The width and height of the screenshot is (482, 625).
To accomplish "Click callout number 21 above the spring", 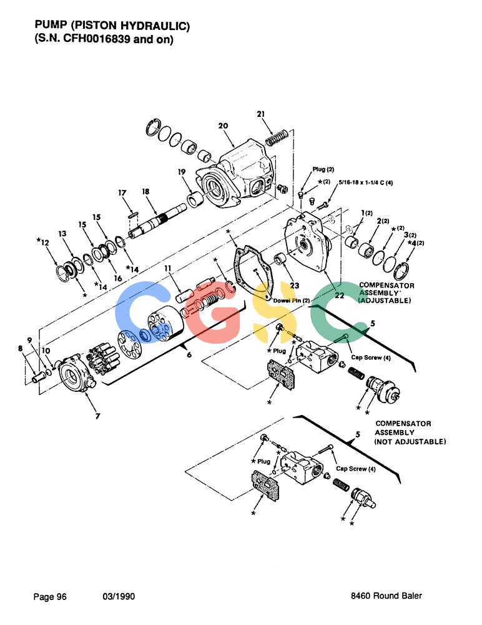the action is point(260,114).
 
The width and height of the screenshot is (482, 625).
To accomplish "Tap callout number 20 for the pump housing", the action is point(223,126).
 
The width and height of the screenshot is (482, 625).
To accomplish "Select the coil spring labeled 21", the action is point(276,137).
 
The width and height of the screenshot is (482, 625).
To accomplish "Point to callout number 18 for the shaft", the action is point(146,192).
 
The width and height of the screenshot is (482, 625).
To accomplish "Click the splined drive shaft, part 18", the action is point(157,221).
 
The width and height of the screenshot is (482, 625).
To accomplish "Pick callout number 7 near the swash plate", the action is point(97,416).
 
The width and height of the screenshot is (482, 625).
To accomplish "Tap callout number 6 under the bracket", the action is point(189,354).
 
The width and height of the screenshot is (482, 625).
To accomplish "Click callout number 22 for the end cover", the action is point(340,296).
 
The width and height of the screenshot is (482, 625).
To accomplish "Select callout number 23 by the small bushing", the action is point(295,286).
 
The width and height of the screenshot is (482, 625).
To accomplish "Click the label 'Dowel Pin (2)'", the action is point(292,300).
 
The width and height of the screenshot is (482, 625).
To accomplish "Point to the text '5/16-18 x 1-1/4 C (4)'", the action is point(366,182).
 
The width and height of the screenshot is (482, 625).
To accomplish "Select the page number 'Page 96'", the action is point(50,597).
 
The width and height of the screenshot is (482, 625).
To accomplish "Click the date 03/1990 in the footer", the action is point(119,597).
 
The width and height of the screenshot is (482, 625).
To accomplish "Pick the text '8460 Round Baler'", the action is point(386,596).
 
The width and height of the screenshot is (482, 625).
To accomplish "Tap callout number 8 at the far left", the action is point(21,348).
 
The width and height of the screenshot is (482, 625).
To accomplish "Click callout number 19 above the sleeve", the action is point(182,172).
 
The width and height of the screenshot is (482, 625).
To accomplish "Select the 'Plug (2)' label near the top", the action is point(323,169).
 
